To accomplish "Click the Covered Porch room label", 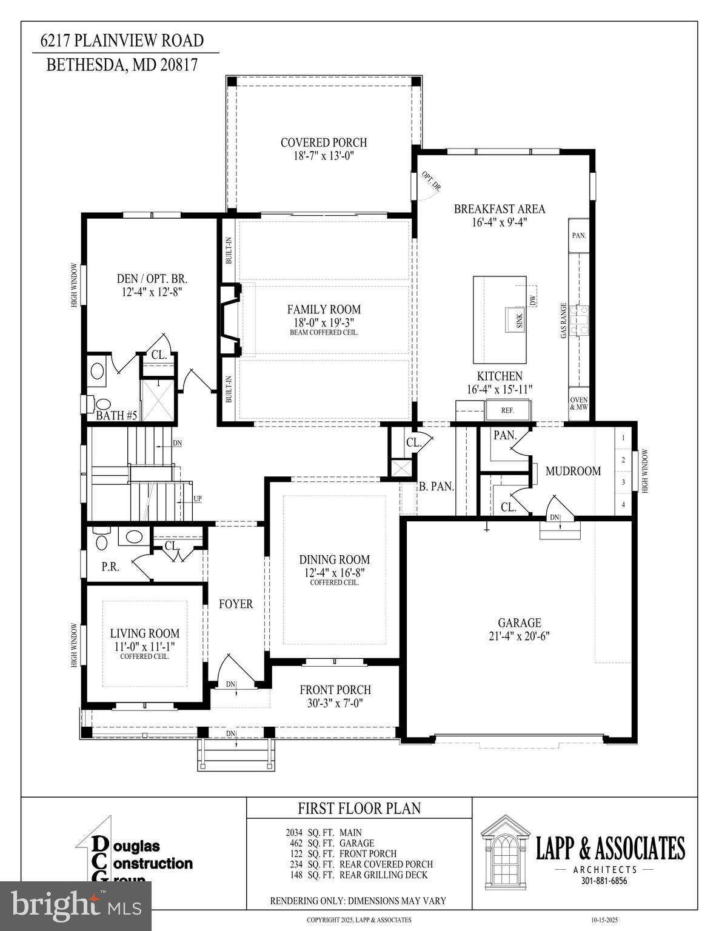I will click(x=324, y=143).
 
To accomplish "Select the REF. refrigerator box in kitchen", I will click(x=508, y=410).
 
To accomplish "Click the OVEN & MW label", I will click(x=578, y=403).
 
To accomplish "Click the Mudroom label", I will click(x=573, y=471).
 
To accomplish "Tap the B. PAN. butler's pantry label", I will click(x=436, y=486).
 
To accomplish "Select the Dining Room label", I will click(x=334, y=560).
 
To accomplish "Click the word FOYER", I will click(x=236, y=604).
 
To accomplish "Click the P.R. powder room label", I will click(x=110, y=567).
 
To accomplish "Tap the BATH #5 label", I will click(x=116, y=416).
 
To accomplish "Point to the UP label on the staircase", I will click(x=198, y=499).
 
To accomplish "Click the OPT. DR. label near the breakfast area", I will click(x=431, y=182).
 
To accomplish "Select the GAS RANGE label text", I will click(x=564, y=320).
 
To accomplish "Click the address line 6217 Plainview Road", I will click(x=122, y=41).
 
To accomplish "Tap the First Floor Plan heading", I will click(x=359, y=808).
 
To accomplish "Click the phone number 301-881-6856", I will click(x=600, y=881).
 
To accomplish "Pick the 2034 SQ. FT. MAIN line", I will click(x=324, y=833).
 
